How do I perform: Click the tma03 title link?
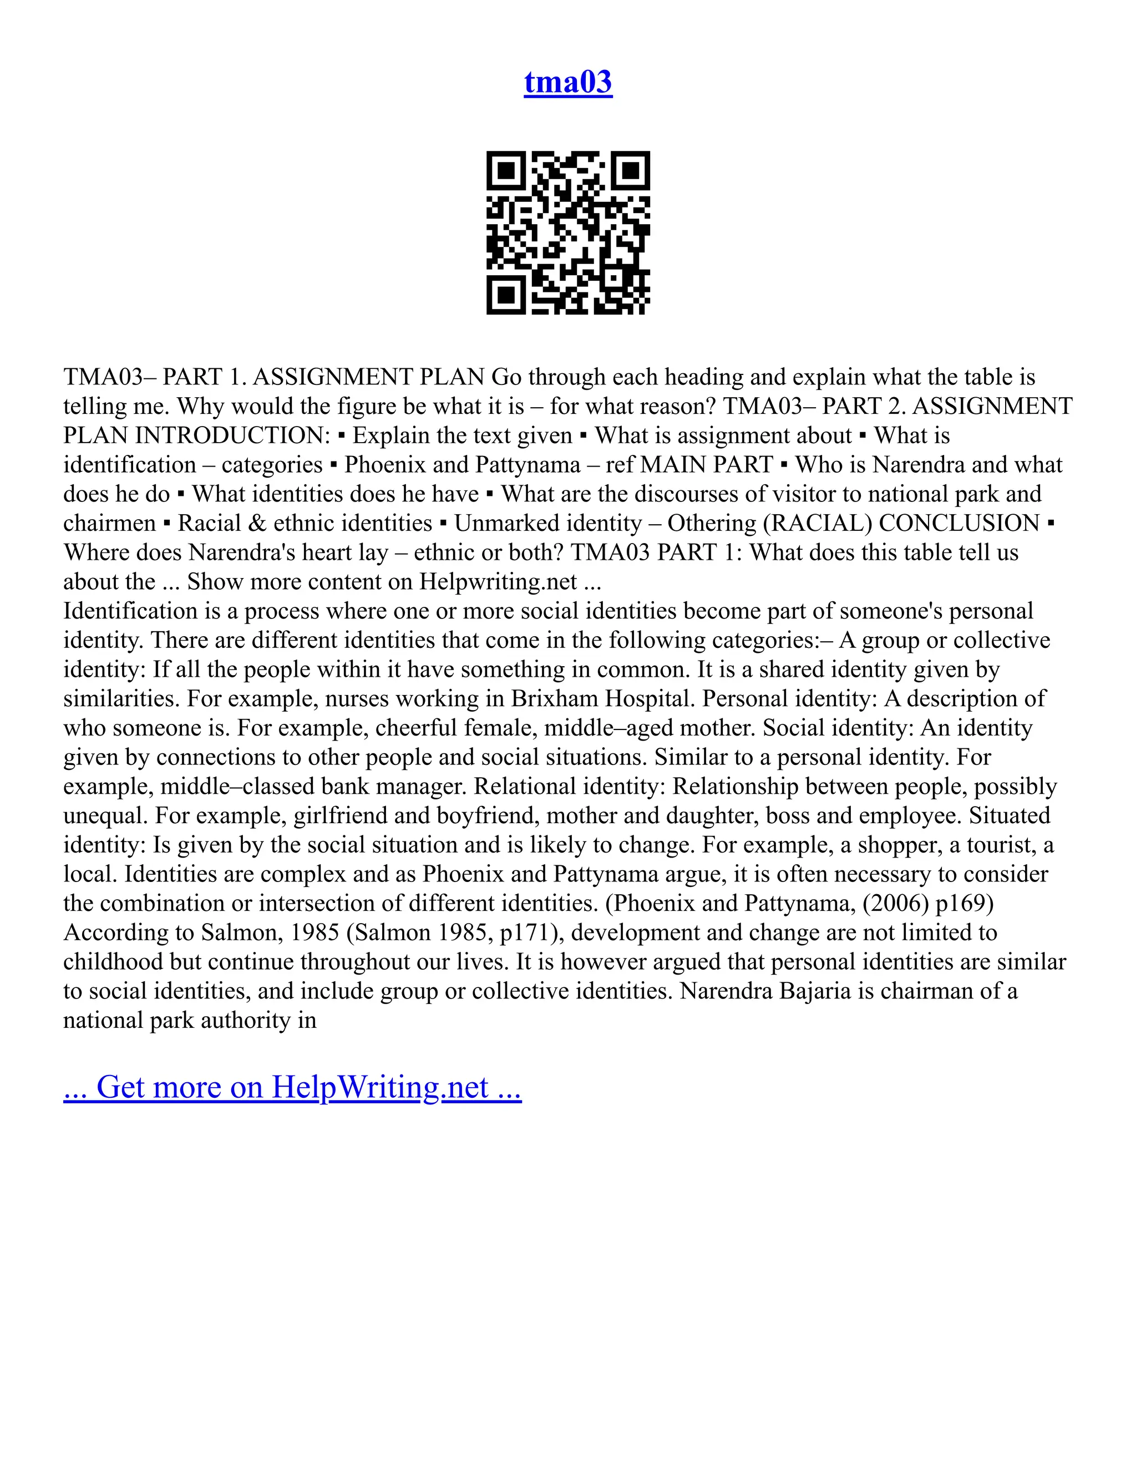(568, 82)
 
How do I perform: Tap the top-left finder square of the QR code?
(505, 170)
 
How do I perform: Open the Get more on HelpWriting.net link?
(292, 1087)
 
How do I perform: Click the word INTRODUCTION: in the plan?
(233, 436)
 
